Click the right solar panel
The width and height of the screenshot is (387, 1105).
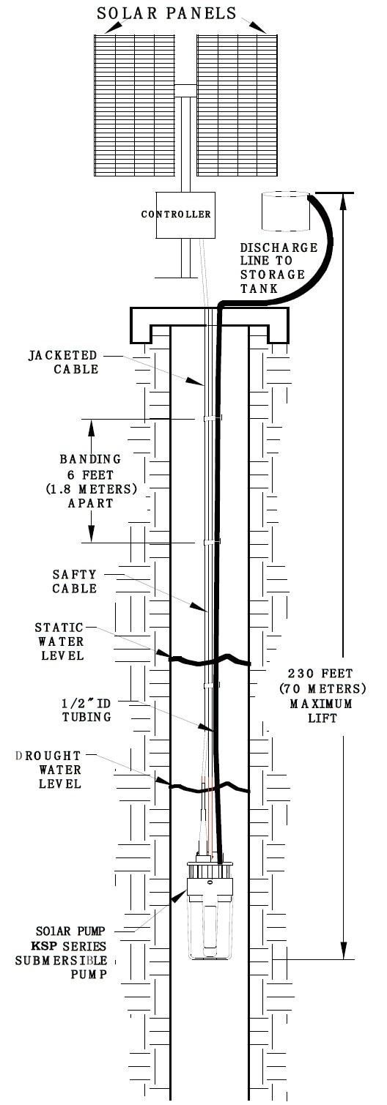tap(237, 105)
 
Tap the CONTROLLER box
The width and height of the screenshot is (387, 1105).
tap(185, 215)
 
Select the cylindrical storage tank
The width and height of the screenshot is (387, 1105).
tap(286, 212)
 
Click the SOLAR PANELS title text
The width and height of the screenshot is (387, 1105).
tap(166, 13)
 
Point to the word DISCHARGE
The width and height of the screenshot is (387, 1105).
tap(279, 248)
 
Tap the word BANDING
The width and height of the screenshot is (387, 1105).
tap(90, 459)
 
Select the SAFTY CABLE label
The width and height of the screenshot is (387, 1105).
tap(75, 581)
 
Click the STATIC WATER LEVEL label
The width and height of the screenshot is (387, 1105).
tap(59, 641)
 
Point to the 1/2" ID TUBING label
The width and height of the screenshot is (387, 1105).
tap(86, 710)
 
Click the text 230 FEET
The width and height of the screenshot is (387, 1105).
tap(321, 674)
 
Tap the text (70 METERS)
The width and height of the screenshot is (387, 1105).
tap(322, 688)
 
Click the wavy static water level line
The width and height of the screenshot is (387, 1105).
tap(210, 660)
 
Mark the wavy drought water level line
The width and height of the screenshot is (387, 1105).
tap(210, 786)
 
